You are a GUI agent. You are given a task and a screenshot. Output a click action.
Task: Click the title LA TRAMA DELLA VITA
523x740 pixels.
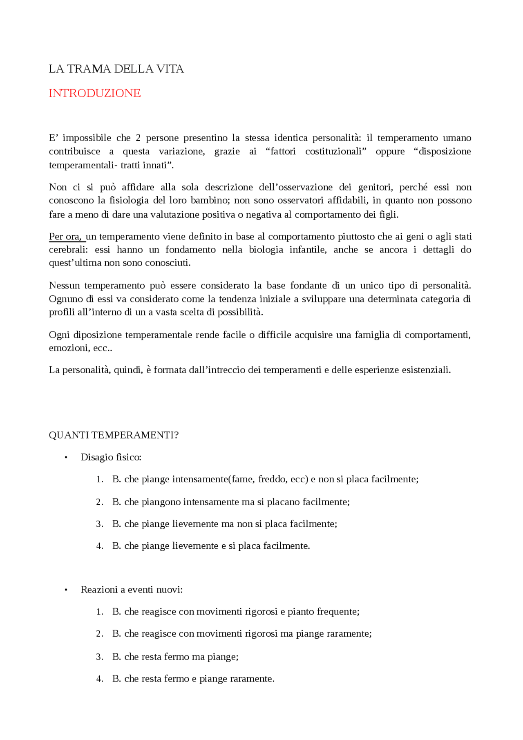[x=116, y=69]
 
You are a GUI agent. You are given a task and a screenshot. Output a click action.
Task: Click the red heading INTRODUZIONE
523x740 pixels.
[x=94, y=93]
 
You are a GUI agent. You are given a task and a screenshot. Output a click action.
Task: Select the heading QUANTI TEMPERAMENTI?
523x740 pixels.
[x=114, y=435]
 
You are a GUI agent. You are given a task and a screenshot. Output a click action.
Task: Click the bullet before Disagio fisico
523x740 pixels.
[x=66, y=457]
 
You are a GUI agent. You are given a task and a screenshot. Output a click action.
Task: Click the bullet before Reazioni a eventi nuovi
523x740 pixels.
[x=66, y=590]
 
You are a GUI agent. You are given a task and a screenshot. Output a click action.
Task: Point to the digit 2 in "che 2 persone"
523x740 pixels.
[x=138, y=138]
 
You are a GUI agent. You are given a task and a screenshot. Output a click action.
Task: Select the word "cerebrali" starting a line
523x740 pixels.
[x=67, y=250]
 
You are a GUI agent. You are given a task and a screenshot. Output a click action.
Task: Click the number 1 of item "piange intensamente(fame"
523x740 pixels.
[x=99, y=479]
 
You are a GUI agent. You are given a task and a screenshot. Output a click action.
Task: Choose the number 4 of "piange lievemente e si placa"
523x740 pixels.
[x=99, y=546]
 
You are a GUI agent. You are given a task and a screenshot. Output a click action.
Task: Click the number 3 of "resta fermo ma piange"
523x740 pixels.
[x=99, y=657]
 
